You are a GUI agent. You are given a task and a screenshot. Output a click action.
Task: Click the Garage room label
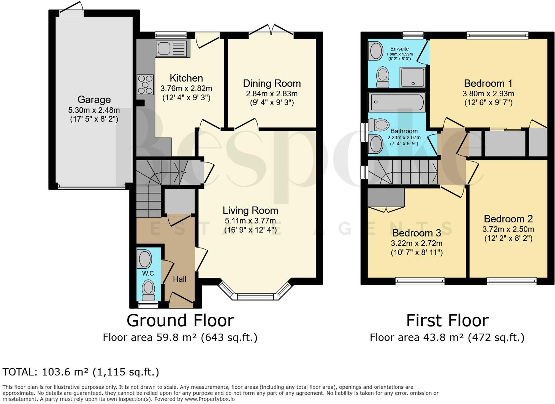coord(94,99)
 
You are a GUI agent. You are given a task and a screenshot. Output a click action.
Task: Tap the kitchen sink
coord(172,48)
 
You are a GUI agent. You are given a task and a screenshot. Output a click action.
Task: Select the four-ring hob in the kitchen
coord(145,84)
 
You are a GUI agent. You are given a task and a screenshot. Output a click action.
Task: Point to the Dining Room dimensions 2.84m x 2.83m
coord(272,94)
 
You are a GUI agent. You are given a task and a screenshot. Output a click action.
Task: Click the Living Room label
coord(250,210)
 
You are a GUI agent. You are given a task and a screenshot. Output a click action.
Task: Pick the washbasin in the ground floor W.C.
coord(145,259)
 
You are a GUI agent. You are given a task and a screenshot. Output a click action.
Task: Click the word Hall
coord(180,279)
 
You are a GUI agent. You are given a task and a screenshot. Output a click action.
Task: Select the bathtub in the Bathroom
coord(396,102)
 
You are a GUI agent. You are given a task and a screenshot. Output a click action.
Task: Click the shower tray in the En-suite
coord(413,77)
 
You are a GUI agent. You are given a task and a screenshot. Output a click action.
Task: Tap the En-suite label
coord(399,49)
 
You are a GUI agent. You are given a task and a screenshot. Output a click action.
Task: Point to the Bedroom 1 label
coord(488,83)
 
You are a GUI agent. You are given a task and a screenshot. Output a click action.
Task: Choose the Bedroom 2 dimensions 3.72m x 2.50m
coord(508,229)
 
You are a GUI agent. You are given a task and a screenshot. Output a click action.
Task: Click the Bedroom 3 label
coord(417,233)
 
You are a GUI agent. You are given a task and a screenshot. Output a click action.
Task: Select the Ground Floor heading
coord(180,320)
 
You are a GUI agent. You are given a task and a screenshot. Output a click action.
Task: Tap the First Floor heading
coord(447,320)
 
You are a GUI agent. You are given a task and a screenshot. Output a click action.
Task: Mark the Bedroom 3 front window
coord(420,281)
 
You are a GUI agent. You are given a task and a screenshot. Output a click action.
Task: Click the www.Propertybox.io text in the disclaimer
coord(210,399)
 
